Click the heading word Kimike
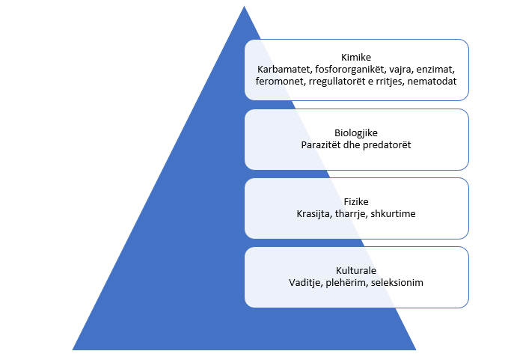pos(356,57)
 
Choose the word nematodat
pos(431,81)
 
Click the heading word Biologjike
pos(356,132)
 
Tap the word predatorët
pos(387,144)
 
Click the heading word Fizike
pos(356,201)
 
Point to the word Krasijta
pos(313,213)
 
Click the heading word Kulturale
pos(356,270)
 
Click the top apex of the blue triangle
pos(244,7)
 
